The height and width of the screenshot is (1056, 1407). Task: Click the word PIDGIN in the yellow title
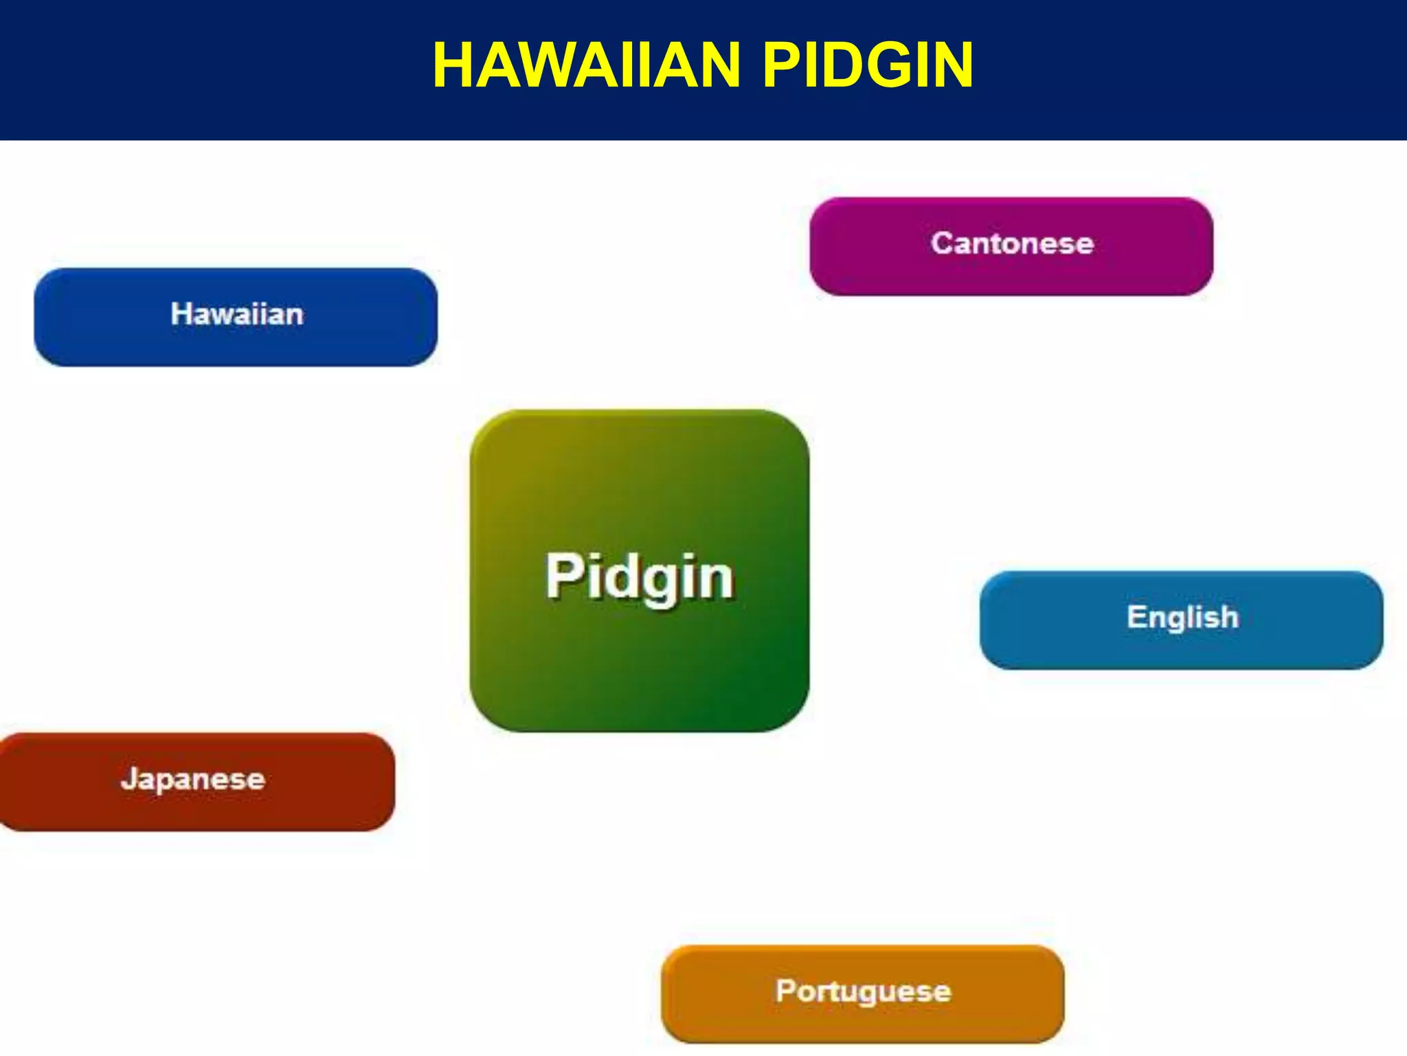click(x=868, y=66)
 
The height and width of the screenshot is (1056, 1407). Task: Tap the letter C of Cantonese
click(x=943, y=243)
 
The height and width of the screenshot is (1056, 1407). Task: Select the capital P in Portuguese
click(x=786, y=990)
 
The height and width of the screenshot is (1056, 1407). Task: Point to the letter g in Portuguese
click(x=867, y=995)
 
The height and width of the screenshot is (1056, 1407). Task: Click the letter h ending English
click(x=1229, y=616)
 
